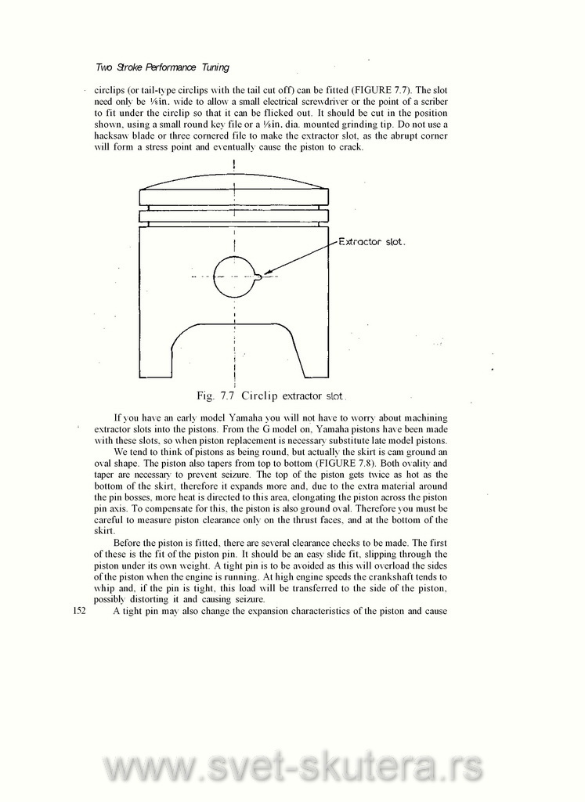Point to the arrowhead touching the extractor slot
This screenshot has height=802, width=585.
coord(268,273)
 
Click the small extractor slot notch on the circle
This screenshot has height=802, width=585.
coord(259,275)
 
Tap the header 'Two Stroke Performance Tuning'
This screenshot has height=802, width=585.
coord(162,67)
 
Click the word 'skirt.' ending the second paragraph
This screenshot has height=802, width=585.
coord(104,530)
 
